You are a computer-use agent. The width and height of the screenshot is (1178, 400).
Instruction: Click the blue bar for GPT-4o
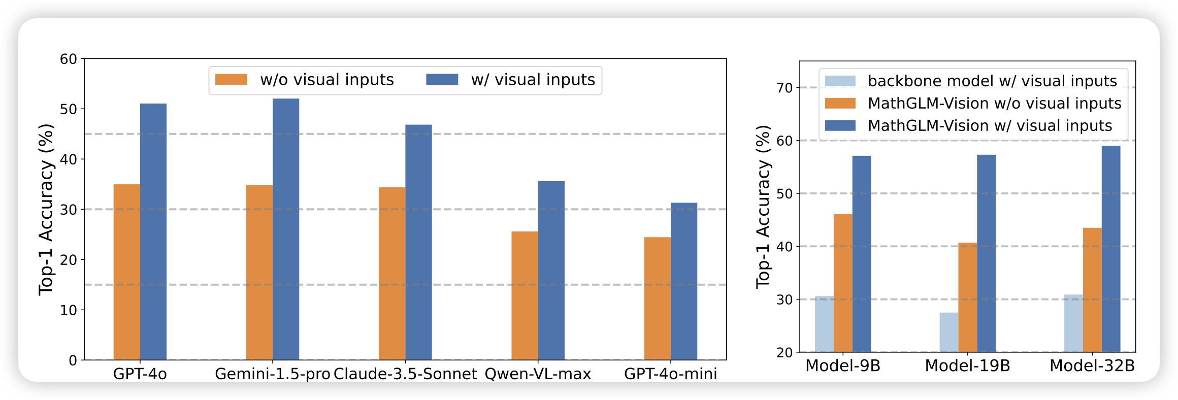(x=153, y=231)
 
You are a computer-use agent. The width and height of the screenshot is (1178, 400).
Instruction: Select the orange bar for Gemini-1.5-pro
(x=259, y=273)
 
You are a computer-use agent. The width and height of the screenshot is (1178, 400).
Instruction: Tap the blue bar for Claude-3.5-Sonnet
(x=418, y=242)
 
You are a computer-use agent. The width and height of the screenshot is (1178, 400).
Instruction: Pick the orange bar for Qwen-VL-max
(x=525, y=295)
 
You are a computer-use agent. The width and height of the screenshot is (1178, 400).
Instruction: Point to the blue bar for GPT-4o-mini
(x=683, y=281)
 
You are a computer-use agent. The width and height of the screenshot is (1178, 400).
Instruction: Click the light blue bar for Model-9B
(x=824, y=324)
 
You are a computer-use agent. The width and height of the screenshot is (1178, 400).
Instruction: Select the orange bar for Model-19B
(x=968, y=297)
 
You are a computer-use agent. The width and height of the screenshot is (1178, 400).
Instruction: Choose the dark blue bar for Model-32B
(x=1111, y=249)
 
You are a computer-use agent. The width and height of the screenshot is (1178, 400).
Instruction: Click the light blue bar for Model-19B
(x=948, y=332)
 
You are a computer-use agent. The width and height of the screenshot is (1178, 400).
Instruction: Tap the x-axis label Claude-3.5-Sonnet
(x=405, y=374)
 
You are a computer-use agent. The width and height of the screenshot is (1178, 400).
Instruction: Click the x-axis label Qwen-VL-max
(x=538, y=374)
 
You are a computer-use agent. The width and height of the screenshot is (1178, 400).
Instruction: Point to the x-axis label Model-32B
(x=1092, y=365)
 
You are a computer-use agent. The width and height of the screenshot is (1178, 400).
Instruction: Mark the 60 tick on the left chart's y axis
(x=69, y=59)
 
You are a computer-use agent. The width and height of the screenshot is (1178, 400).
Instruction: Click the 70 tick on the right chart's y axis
(x=784, y=87)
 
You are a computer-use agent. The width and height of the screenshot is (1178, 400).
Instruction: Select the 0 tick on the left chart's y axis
(x=73, y=360)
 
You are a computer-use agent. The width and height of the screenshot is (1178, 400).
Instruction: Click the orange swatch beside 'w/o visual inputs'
(x=231, y=80)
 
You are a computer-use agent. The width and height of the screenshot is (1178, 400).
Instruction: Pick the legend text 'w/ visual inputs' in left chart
(x=533, y=80)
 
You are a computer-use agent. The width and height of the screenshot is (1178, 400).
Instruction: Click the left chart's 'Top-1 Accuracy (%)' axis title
(x=46, y=209)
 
